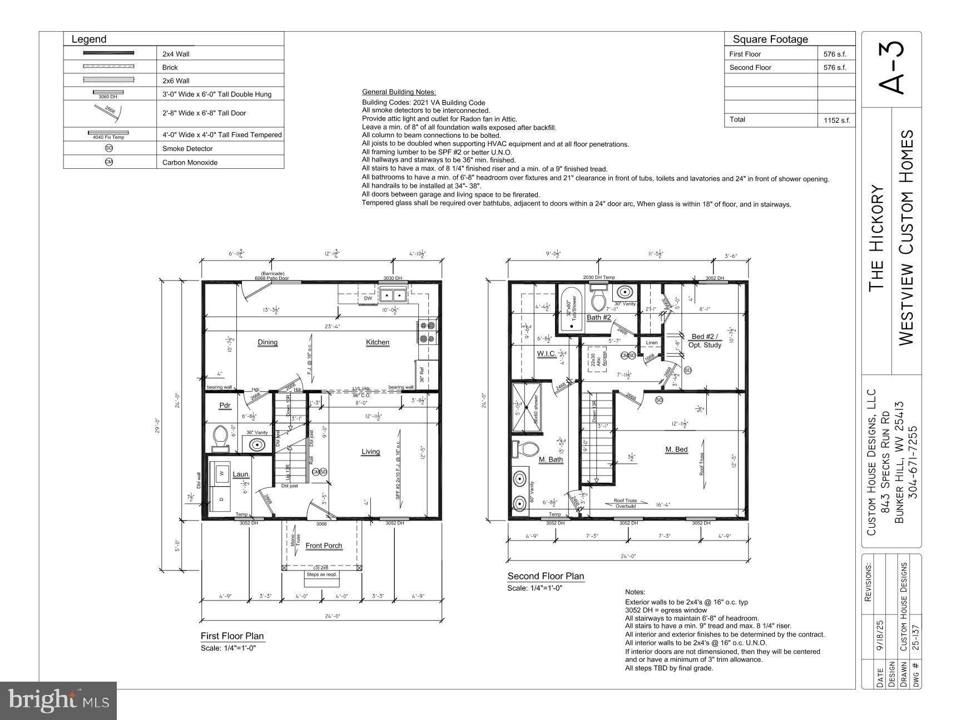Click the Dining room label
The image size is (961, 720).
pyautogui.click(x=268, y=342)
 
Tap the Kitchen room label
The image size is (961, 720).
pyautogui.click(x=378, y=342)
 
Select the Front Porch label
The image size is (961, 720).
pyautogui.click(x=324, y=546)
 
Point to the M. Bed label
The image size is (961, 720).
pyautogui.click(x=676, y=449)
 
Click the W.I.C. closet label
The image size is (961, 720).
pyautogui.click(x=546, y=353)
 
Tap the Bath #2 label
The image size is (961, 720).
pyautogui.click(x=599, y=317)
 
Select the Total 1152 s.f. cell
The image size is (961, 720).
pyautogui.click(x=835, y=120)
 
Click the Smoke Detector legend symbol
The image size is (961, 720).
pyautogui.click(x=109, y=148)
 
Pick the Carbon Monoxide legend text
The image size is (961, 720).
pyautogui.click(x=190, y=163)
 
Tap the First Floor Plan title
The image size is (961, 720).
pyautogui.click(x=232, y=636)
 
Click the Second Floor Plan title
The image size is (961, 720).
pyautogui.click(x=546, y=576)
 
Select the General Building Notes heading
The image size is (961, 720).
pyautogui.click(x=399, y=92)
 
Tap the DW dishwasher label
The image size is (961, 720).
pyautogui.click(x=368, y=298)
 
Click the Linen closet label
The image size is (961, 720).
pyautogui.click(x=652, y=343)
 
